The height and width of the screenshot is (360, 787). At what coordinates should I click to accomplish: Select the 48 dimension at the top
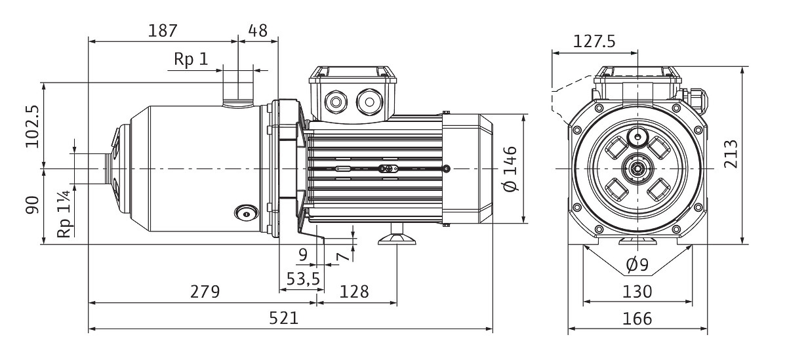(258, 31)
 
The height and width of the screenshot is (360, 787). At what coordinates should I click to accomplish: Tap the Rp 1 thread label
(190, 60)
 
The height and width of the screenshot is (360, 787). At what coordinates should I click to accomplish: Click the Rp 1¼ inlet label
(64, 214)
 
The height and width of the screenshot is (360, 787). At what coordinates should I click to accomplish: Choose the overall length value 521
(284, 318)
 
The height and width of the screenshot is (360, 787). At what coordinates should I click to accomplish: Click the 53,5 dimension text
(302, 279)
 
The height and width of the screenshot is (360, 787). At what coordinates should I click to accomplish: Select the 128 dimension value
(355, 292)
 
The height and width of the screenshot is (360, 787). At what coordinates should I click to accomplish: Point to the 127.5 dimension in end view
(594, 42)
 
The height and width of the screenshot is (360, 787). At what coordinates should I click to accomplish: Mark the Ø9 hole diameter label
(637, 265)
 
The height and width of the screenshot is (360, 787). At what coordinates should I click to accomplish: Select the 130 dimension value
(637, 292)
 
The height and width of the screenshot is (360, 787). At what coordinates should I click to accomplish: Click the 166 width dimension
(637, 319)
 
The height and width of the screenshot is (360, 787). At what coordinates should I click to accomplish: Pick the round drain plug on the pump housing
(245, 212)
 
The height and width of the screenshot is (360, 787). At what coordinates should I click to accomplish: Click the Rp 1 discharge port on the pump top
(237, 92)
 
